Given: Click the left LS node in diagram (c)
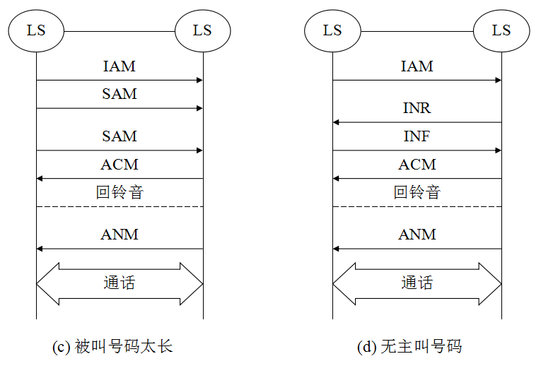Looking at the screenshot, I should point(36,30).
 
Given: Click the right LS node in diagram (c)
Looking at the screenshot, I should point(203,30).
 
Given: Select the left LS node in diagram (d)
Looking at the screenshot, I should point(332,30).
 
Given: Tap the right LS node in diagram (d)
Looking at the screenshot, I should point(501,30).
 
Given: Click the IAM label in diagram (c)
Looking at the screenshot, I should point(119,66).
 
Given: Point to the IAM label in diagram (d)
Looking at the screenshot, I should point(417,66).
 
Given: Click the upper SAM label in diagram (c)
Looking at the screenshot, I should point(119,94).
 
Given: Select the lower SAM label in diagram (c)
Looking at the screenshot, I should point(119,136).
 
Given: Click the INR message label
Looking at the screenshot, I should point(417,108).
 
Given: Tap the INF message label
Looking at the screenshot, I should point(417,136).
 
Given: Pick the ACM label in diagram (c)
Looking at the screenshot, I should point(119,165).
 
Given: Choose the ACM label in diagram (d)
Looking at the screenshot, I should point(417,165).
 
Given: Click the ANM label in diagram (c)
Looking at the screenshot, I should point(119,235).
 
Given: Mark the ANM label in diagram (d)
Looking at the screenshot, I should point(417,235).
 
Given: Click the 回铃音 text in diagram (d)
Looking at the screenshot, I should point(417,192).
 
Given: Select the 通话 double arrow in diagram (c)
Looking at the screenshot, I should point(120,284).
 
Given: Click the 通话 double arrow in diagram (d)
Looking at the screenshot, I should point(417,284).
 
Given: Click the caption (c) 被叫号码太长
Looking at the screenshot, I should point(113,347).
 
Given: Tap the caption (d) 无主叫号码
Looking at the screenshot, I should point(409,347).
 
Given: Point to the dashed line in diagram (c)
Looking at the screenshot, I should point(120,206).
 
